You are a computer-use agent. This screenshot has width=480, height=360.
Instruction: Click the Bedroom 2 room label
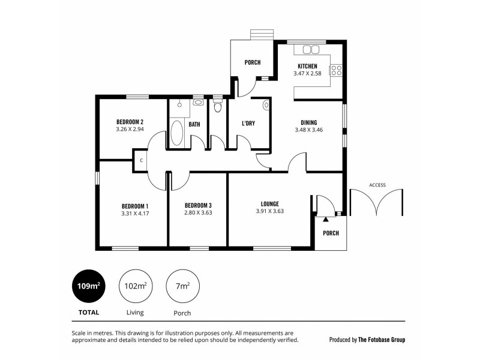coord(130,121)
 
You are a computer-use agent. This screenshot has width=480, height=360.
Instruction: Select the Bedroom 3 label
coord(198,204)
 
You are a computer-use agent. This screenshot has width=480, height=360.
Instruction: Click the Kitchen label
coord(307,66)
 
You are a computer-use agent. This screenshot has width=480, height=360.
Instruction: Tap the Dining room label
coord(309,122)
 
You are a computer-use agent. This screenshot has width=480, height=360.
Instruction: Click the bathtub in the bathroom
coord(176,133)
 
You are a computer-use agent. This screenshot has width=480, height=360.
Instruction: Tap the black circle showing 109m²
coord(89,286)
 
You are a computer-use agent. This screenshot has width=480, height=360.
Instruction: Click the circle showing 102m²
coord(134,286)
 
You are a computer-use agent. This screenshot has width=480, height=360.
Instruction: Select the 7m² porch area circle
coord(182,286)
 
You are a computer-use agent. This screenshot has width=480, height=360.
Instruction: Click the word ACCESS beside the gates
coord(377,185)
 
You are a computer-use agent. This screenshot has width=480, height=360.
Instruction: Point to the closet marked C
coord(141,161)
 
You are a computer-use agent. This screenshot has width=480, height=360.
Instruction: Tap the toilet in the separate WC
coord(217,107)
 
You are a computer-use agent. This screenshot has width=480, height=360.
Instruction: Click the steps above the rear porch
coord(260,34)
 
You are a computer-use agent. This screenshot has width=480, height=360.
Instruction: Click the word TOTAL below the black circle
coord(89,312)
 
